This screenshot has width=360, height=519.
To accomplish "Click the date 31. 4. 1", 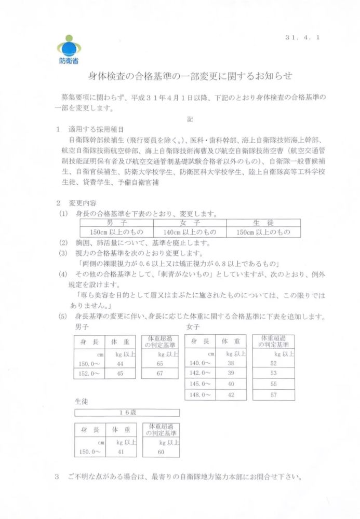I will click(302, 38).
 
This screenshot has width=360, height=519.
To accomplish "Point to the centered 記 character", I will click(190, 119).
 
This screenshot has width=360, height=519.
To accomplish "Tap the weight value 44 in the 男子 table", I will click(120, 364).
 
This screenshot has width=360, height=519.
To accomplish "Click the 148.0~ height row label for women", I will click(201, 395).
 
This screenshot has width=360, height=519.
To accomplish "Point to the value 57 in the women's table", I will click(273, 395).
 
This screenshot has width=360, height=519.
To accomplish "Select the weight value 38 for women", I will click(231, 364).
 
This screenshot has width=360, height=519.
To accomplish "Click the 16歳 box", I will click(127, 413).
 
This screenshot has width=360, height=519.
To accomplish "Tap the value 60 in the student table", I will click(161, 452).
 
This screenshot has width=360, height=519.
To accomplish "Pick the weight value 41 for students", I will click(121, 452).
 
